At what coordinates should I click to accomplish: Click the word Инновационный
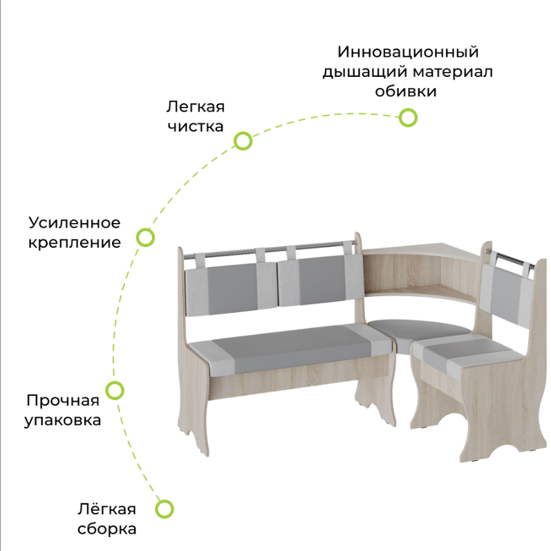coord(408,52)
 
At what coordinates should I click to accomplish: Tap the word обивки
coord(406,91)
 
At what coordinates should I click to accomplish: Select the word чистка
coord(195,127)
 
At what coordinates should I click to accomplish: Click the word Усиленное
coord(75,223)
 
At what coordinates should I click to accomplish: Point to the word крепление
coord(75,243)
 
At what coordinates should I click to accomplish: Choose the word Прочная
coord(63,400)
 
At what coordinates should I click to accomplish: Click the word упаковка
coord(63,420)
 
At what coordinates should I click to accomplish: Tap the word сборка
coord(106,530)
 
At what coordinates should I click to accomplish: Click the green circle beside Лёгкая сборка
coord(164,509)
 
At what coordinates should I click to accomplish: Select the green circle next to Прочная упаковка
coord(115,390)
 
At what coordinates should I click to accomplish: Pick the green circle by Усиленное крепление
coord(144,237)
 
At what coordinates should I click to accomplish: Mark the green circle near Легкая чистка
coord(243,141)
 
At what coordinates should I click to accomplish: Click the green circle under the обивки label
coord(409,118)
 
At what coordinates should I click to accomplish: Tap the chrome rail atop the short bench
coord(512,260)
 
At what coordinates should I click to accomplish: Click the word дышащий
coord(363,72)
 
